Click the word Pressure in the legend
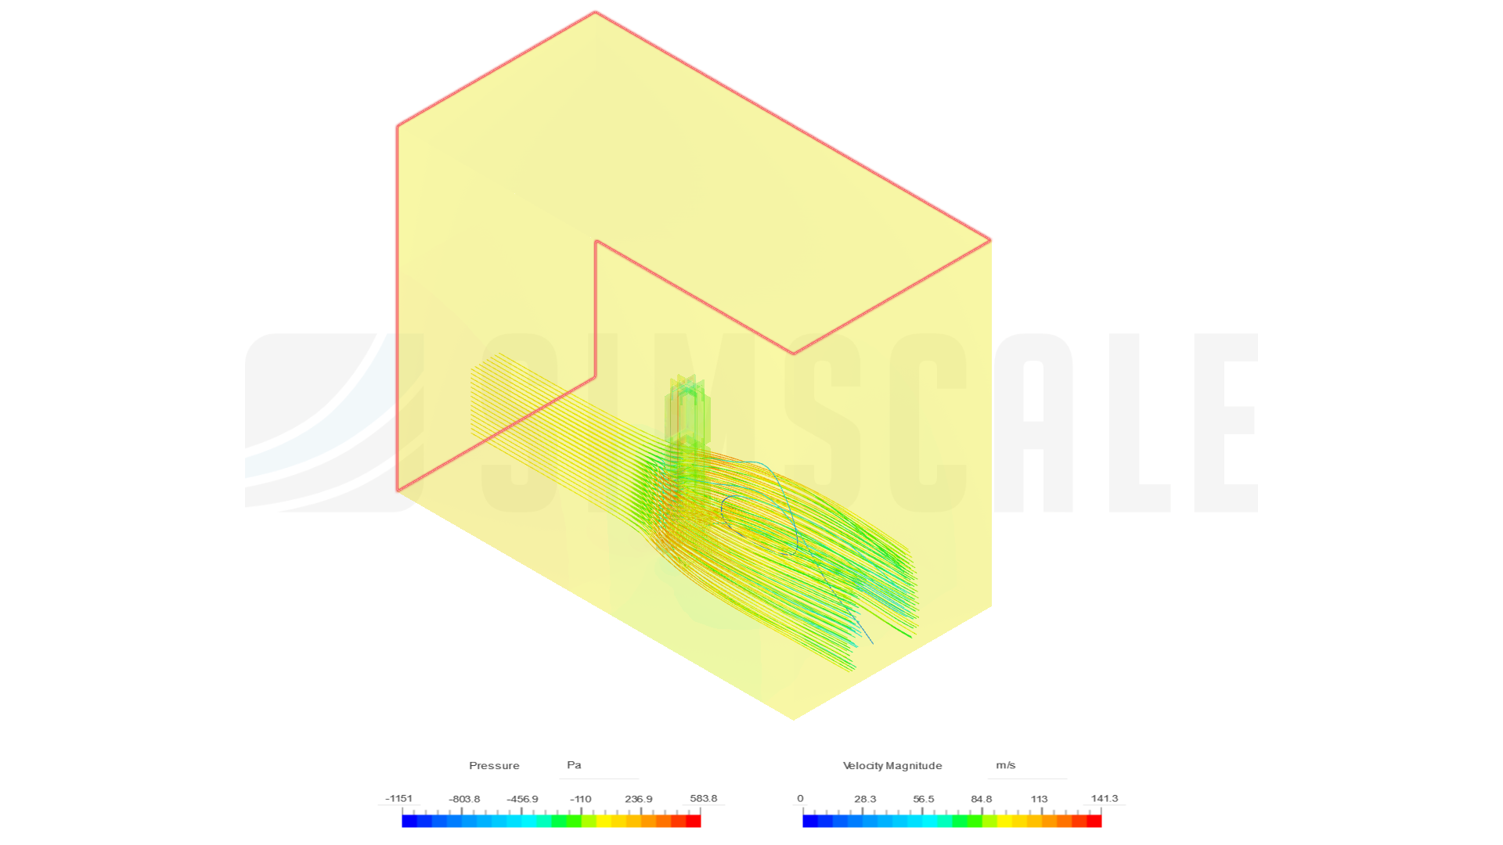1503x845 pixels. (494, 765)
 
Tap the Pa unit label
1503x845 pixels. (574, 765)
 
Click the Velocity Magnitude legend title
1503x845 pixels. (892, 765)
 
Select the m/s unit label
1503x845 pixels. (1006, 765)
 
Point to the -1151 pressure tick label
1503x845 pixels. (399, 799)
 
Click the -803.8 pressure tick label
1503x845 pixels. (464, 799)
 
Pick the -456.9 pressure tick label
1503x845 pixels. (522, 799)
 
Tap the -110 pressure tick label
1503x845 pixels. (581, 799)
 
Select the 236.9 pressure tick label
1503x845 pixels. (639, 799)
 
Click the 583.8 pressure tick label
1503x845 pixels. (704, 799)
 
